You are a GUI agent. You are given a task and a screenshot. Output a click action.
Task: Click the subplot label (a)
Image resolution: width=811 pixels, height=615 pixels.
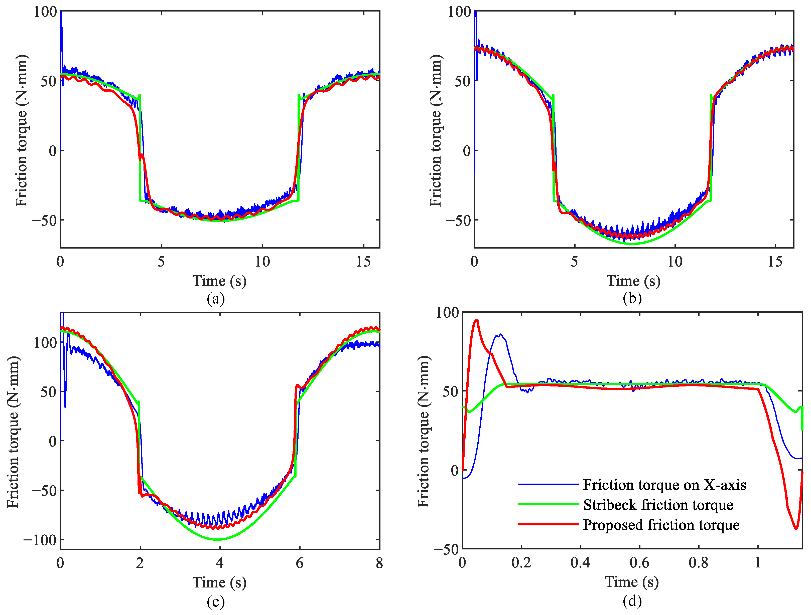(x=216, y=299)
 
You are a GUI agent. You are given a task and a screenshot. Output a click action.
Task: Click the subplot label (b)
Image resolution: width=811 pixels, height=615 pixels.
(x=632, y=299)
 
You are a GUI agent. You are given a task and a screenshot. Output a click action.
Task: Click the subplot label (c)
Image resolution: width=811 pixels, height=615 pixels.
(x=216, y=601)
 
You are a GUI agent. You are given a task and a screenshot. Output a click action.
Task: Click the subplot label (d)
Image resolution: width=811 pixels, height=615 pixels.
(x=632, y=601)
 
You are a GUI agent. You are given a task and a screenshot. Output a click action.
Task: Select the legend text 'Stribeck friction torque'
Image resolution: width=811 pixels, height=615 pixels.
(x=658, y=505)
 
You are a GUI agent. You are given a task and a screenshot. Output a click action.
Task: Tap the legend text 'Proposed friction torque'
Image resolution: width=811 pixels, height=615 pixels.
(x=661, y=525)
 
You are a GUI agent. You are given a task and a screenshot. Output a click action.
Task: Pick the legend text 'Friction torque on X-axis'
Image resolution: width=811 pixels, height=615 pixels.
(x=664, y=485)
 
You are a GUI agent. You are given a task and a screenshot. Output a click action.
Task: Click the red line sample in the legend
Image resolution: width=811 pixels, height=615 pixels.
(x=548, y=524)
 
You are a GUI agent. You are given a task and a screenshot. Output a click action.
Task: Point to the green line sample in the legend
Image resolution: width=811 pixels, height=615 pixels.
(x=548, y=505)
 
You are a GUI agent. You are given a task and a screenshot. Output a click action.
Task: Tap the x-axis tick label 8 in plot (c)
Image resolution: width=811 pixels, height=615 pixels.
(x=379, y=563)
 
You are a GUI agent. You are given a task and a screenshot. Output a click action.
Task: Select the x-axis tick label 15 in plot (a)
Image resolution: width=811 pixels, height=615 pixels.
(x=363, y=262)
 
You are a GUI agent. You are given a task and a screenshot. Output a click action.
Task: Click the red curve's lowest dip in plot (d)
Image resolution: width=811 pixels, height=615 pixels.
(x=796, y=528)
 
